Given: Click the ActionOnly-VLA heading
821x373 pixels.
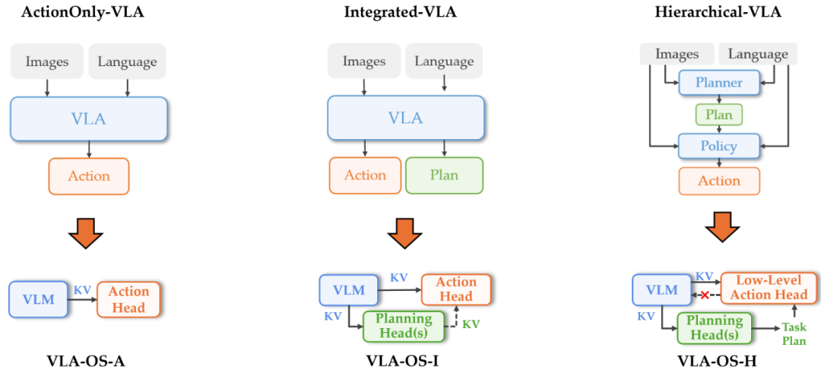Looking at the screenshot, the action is click(82, 12).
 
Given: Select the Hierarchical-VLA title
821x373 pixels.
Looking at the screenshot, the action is click(718, 12).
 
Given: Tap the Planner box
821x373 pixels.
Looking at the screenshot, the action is click(719, 83).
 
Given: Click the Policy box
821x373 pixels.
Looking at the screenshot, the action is click(719, 146).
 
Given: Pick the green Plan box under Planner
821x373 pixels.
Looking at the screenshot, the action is click(719, 115).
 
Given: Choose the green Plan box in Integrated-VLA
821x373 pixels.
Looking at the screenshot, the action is click(444, 175).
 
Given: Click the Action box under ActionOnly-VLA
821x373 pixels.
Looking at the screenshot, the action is click(88, 176).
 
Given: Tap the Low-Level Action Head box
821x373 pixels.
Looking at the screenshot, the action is click(769, 288).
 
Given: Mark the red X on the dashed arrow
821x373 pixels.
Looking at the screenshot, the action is click(705, 296).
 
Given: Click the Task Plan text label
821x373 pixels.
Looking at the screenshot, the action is click(794, 333).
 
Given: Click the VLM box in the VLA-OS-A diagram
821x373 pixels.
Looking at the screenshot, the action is click(38, 299).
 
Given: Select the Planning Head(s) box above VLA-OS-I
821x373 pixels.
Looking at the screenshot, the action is click(403, 327).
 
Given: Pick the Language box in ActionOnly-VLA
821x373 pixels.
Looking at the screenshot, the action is click(127, 62).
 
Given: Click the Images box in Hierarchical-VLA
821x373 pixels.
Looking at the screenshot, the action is click(677, 55).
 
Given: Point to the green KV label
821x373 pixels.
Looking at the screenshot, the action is click(471, 324).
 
